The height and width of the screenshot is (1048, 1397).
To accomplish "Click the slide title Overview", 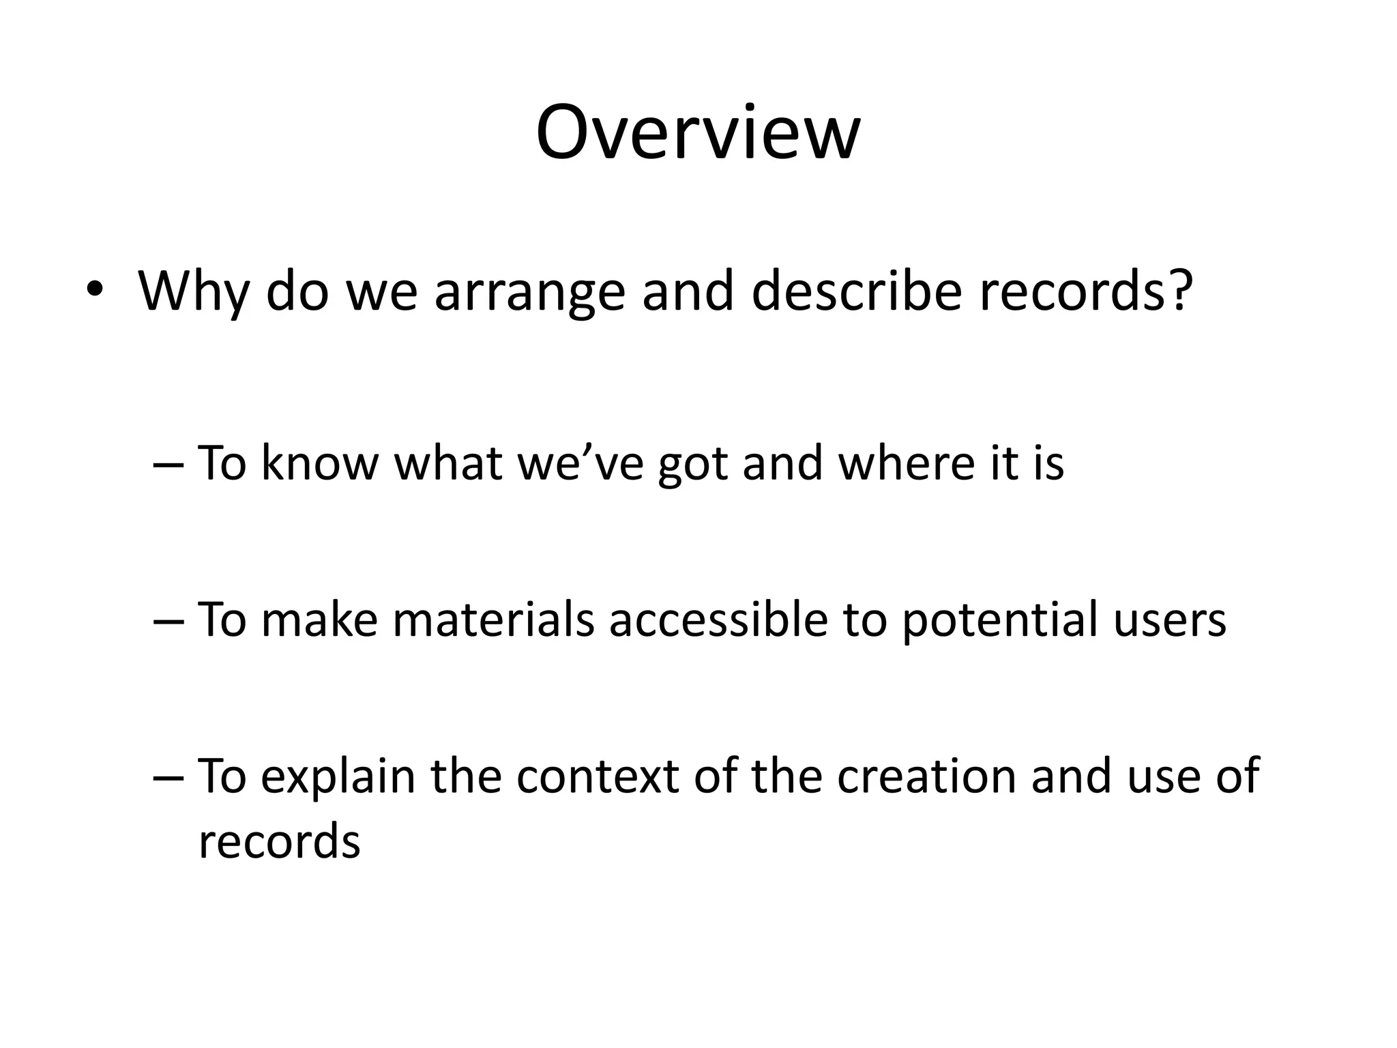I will point(698,132).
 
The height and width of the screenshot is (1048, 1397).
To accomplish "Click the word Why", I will point(193,292).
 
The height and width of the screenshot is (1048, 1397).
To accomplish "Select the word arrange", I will point(529,292).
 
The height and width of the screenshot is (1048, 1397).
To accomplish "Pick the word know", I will point(319,463).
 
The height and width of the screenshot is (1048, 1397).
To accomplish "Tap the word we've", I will point(580,463).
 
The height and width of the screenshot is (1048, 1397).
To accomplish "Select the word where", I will point(903,463).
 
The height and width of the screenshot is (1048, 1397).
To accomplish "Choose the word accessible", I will point(718,620).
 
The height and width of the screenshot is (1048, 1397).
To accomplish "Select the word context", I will point(597,776).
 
